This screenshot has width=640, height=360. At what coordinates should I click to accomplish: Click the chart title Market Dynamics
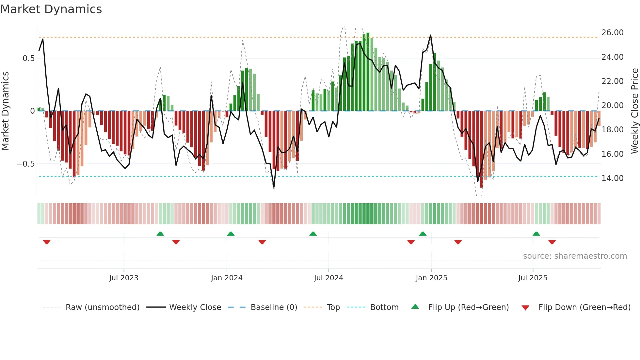tap(51, 9)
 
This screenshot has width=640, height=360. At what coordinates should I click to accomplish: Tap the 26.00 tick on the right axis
tap(612, 33)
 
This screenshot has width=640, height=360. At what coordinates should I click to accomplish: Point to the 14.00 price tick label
tap(612, 178)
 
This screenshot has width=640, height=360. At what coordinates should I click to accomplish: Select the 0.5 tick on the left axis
tap(28, 58)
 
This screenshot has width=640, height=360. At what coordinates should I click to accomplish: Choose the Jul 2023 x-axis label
tap(124, 278)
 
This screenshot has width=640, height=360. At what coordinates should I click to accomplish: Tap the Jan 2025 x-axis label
tap(431, 278)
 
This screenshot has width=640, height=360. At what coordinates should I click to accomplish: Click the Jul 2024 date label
tap(328, 278)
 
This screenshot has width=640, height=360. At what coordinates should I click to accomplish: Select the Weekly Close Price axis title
tap(634, 111)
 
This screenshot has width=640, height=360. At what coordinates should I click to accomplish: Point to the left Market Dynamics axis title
tap(5, 111)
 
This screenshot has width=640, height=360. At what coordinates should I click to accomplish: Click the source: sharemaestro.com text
tap(575, 256)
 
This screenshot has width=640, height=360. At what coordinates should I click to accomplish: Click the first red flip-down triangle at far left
tap(47, 242)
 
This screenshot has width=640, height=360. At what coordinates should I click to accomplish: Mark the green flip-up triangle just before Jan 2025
tap(423, 234)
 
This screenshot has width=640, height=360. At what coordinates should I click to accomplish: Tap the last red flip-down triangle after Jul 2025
tap(552, 242)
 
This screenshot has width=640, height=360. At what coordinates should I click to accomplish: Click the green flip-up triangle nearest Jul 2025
tap(536, 234)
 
